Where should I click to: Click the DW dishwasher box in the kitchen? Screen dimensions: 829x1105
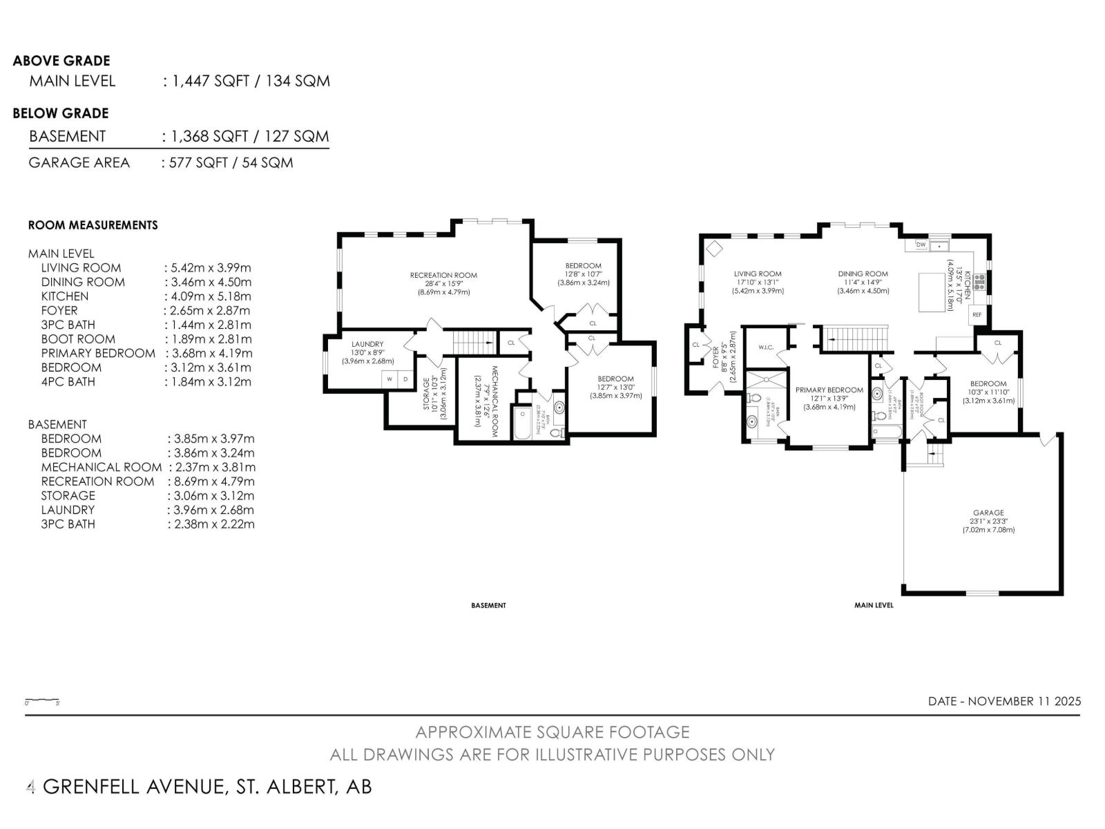(x=921, y=245)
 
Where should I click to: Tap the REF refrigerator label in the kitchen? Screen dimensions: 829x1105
(x=977, y=314)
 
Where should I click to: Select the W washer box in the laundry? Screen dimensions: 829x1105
(x=389, y=379)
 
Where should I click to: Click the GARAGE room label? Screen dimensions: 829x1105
(x=988, y=513)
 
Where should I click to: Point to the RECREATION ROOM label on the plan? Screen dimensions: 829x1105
(x=443, y=275)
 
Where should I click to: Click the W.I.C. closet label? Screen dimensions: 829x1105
(x=765, y=347)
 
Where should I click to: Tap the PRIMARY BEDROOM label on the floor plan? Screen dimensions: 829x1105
(x=829, y=390)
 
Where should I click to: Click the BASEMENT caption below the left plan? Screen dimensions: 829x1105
(x=488, y=605)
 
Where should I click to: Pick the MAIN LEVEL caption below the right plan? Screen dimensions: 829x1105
(x=874, y=605)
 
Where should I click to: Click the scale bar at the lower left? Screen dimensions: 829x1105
(x=42, y=701)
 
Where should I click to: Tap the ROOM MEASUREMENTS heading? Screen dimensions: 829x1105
(x=93, y=225)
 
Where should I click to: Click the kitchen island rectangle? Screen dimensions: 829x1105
(x=932, y=292)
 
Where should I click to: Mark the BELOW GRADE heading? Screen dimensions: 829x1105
(x=61, y=113)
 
